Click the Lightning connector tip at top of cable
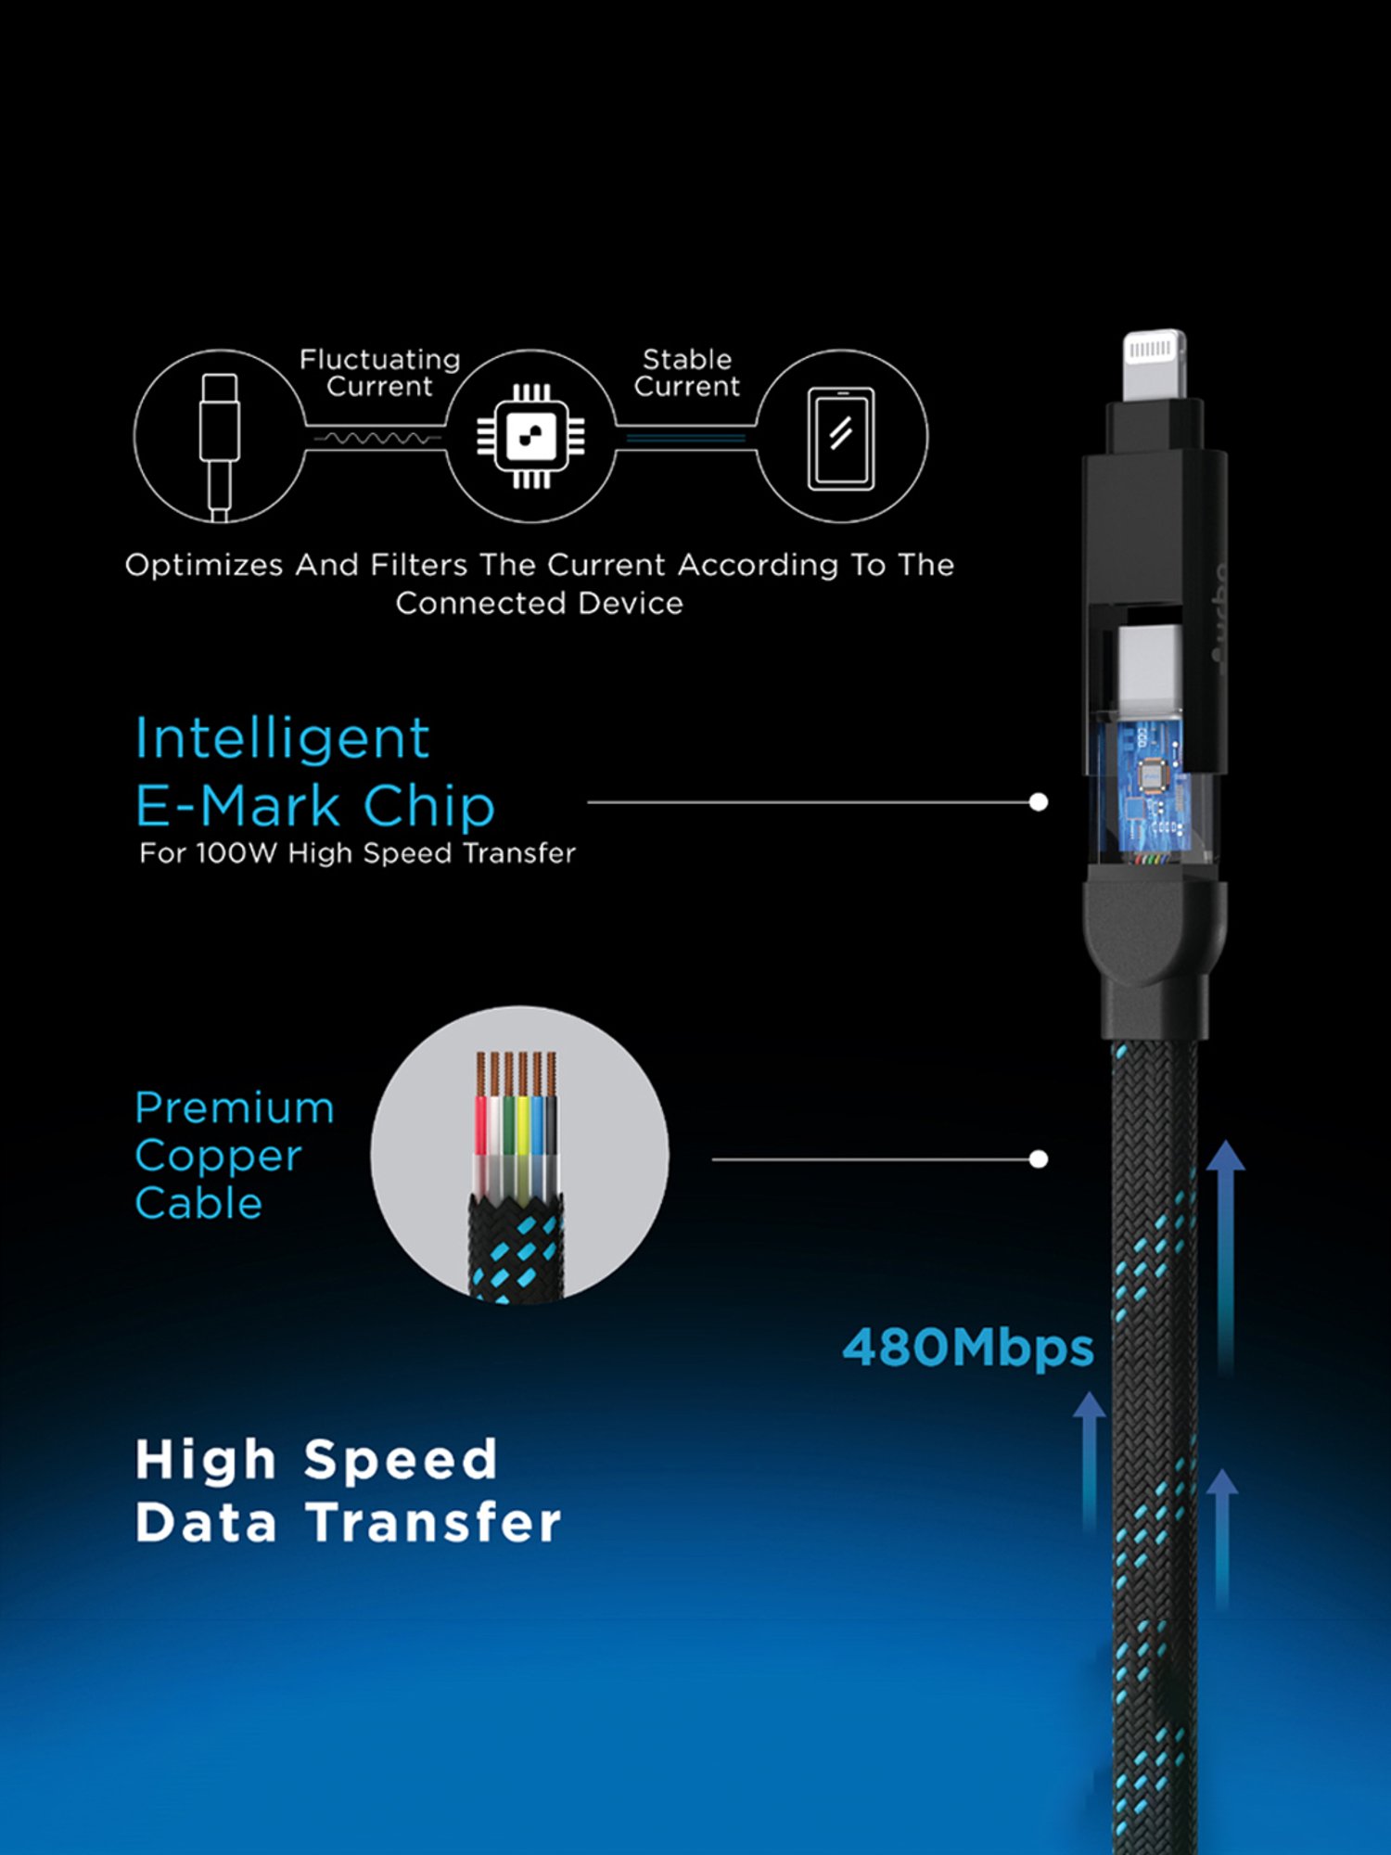1154,364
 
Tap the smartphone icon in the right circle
841,438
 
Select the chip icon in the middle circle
530,436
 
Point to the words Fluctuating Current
379,373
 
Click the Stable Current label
687,373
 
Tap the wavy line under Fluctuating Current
376,438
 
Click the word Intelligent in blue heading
282,739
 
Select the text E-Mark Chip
315,806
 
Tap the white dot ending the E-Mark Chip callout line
1039,802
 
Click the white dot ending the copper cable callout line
1039,1159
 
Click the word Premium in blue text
234,1108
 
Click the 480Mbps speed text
967,1348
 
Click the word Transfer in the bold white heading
434,1523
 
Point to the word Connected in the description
481,604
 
